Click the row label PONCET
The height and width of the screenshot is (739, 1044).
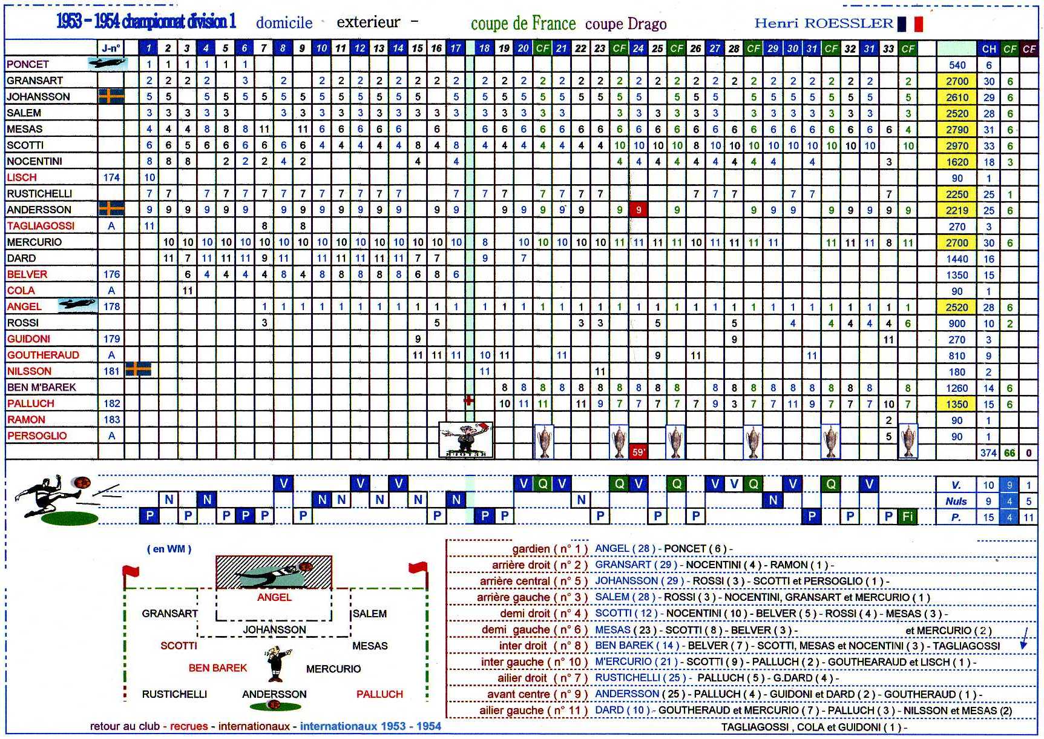tap(28, 64)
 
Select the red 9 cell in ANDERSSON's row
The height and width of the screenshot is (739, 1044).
tap(638, 210)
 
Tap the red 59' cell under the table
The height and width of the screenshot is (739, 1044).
tap(638, 452)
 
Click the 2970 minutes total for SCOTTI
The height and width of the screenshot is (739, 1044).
tap(957, 146)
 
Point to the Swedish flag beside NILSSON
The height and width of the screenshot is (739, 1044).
tap(138, 369)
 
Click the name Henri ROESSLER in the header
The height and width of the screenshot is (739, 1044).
tap(824, 24)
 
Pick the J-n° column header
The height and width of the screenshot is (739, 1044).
tap(111, 48)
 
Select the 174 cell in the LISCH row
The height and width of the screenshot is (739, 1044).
tap(111, 177)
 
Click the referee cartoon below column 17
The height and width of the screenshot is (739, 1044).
tap(465, 440)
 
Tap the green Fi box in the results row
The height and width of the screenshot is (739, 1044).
tap(908, 516)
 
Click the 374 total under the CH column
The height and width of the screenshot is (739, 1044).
tap(988, 452)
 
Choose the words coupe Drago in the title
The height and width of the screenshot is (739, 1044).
tap(626, 24)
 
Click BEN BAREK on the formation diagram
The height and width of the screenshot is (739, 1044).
tap(218, 668)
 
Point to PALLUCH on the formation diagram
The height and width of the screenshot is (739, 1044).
tap(379, 694)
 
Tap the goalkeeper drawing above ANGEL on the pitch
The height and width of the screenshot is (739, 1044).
tap(274, 572)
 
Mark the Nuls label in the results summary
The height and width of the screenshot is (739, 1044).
tap(956, 501)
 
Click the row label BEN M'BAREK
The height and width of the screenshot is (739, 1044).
tap(41, 387)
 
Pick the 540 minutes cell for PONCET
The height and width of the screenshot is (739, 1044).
tap(957, 65)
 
